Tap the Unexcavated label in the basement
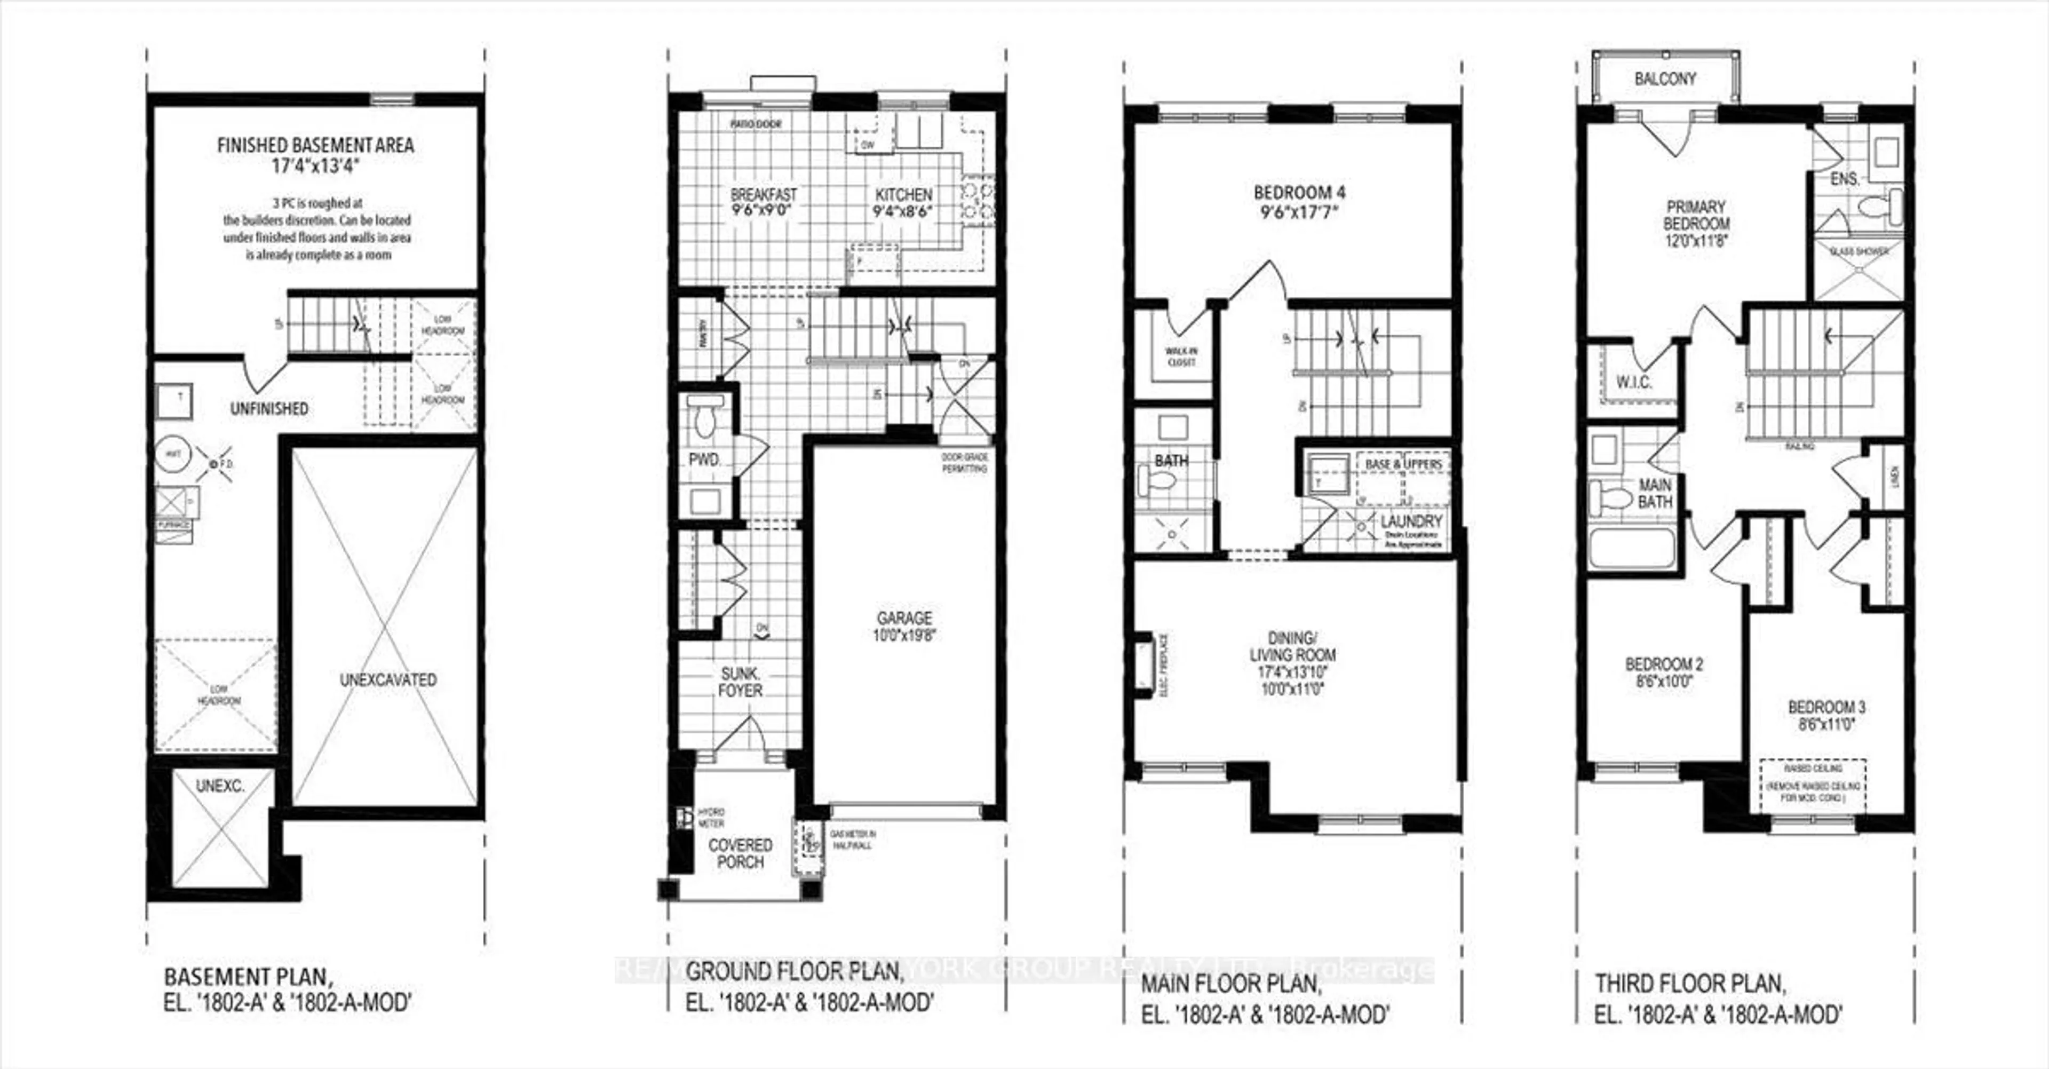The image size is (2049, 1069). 388,680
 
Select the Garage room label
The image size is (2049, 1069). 904,618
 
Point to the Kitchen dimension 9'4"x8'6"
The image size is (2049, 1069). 903,211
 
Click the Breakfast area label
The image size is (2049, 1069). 764,194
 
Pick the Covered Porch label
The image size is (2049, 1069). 740,853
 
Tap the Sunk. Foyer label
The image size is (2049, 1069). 740,682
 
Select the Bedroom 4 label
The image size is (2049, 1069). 1299,193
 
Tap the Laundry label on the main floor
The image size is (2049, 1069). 1411,521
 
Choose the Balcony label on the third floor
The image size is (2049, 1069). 1665,79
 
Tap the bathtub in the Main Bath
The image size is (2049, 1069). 1631,548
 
